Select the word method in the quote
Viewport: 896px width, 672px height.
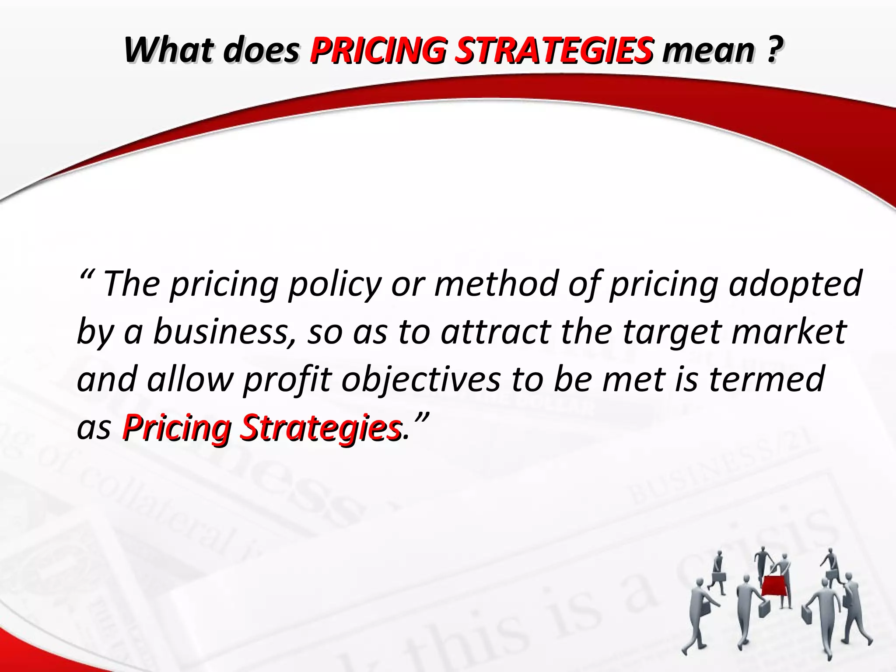[497, 283]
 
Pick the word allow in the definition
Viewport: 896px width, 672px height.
[189, 379]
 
